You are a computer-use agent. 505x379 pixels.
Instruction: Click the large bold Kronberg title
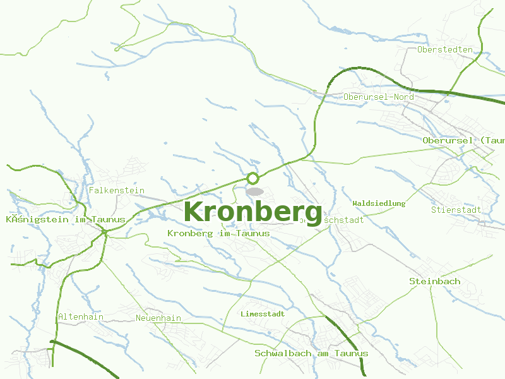pyautogui.click(x=253, y=212)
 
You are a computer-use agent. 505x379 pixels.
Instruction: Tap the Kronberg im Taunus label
pyautogui.click(x=218, y=234)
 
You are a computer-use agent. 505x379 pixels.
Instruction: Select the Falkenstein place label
pyautogui.click(x=117, y=190)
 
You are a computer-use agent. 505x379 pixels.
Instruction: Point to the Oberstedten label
pyautogui.click(x=445, y=49)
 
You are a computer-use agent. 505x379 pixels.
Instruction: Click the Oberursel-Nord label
pyautogui.click(x=379, y=97)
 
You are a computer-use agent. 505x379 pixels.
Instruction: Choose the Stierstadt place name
pyautogui.click(x=456, y=210)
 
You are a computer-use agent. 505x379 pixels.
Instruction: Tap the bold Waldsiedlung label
pyautogui.click(x=379, y=203)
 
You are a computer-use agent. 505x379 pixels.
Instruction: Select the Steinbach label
pyautogui.click(x=435, y=281)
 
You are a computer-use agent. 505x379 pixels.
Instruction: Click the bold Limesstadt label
pyautogui.click(x=263, y=314)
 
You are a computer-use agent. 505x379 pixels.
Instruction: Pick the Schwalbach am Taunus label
pyautogui.click(x=311, y=354)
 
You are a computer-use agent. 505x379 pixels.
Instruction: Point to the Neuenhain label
pyautogui.click(x=158, y=318)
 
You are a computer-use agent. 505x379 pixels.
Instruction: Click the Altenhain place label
pyautogui.click(x=81, y=317)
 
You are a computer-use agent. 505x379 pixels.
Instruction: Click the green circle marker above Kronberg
pyautogui.click(x=253, y=178)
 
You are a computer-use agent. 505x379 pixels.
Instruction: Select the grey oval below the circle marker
pyautogui.click(x=254, y=191)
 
